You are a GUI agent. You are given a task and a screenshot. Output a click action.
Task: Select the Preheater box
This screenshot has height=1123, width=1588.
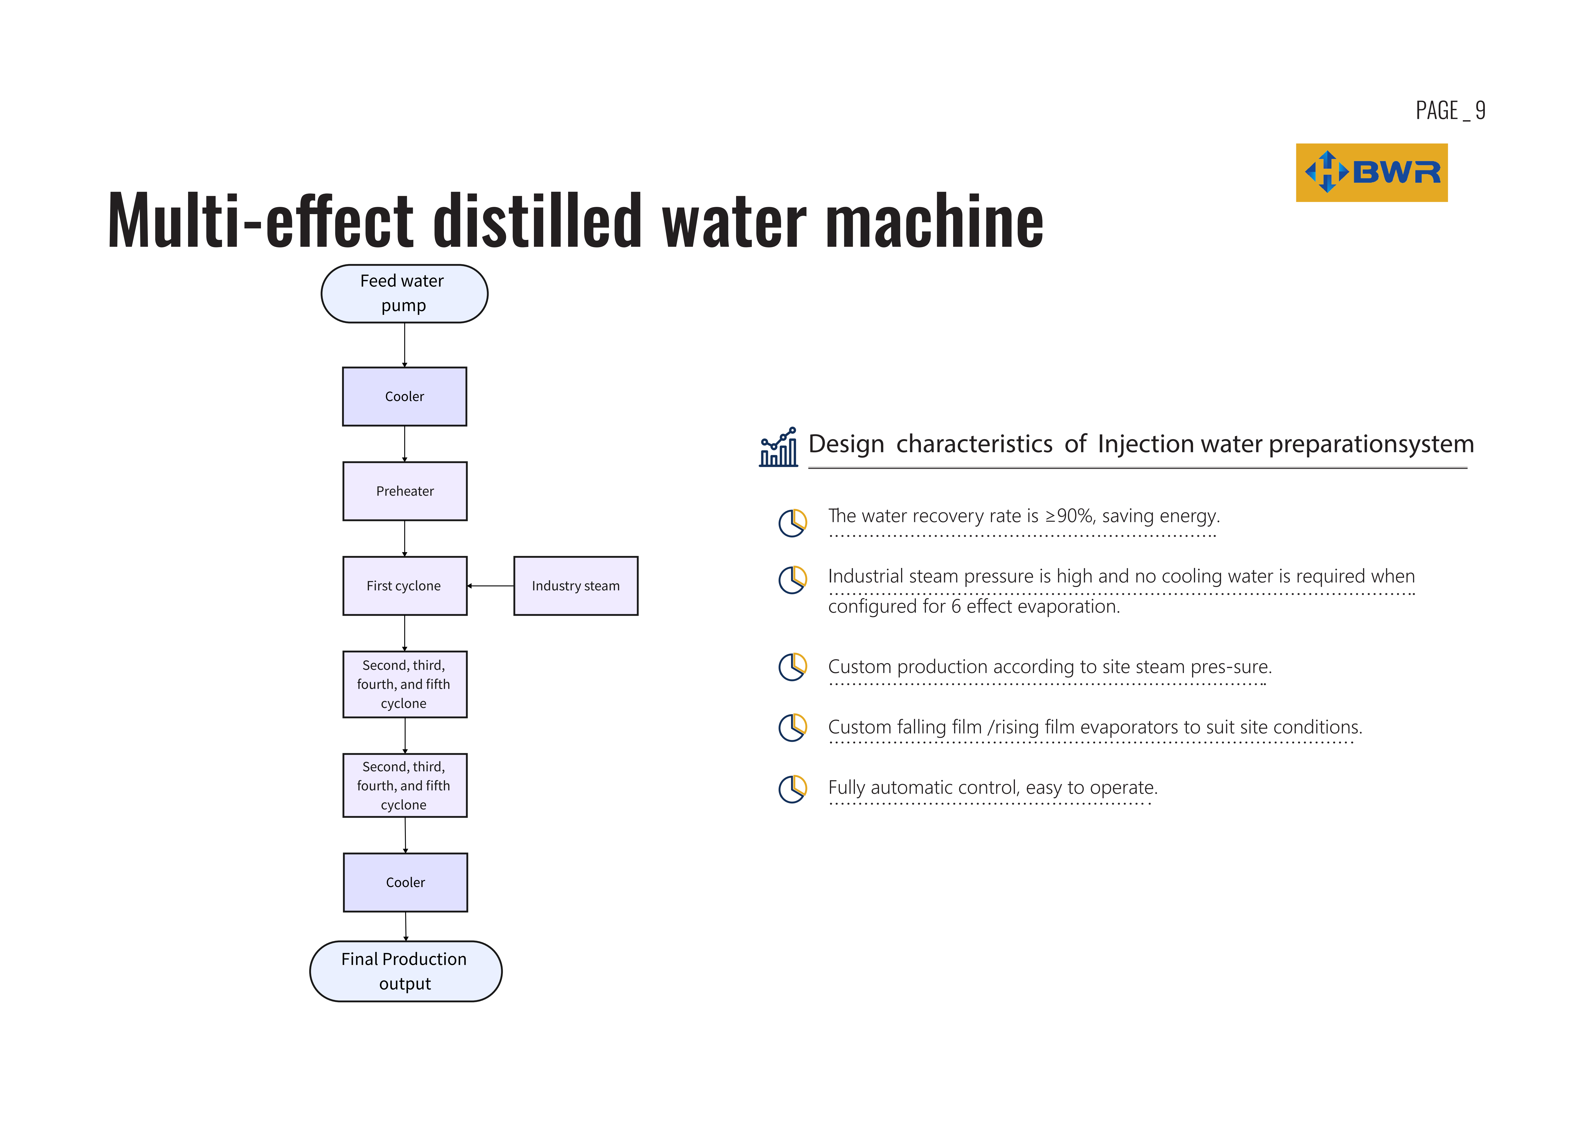405,491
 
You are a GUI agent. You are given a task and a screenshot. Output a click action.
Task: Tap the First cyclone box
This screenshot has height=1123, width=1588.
405,586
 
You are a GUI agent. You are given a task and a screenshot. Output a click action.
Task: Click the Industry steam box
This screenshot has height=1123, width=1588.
575,586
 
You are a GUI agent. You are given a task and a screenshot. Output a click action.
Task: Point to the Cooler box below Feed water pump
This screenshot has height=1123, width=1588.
405,396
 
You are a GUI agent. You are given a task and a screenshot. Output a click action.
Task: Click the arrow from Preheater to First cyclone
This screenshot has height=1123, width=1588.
405,538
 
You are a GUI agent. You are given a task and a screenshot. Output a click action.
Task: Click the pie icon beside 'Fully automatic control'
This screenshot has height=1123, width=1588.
793,789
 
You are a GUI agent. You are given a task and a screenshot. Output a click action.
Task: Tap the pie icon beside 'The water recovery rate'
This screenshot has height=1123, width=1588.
793,523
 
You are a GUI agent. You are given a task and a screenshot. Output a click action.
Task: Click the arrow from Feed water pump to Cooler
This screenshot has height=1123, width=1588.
405,345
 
